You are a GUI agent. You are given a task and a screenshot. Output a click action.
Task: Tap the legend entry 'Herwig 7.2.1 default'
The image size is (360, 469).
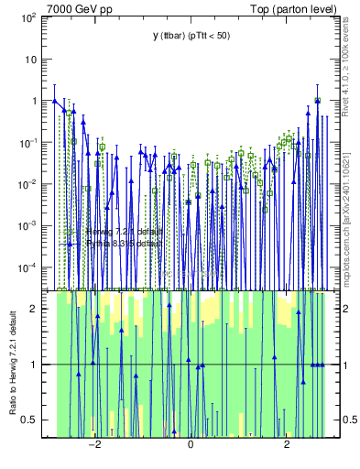[124, 231]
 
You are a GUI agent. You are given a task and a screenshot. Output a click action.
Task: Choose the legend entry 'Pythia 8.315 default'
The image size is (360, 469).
[124, 244]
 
